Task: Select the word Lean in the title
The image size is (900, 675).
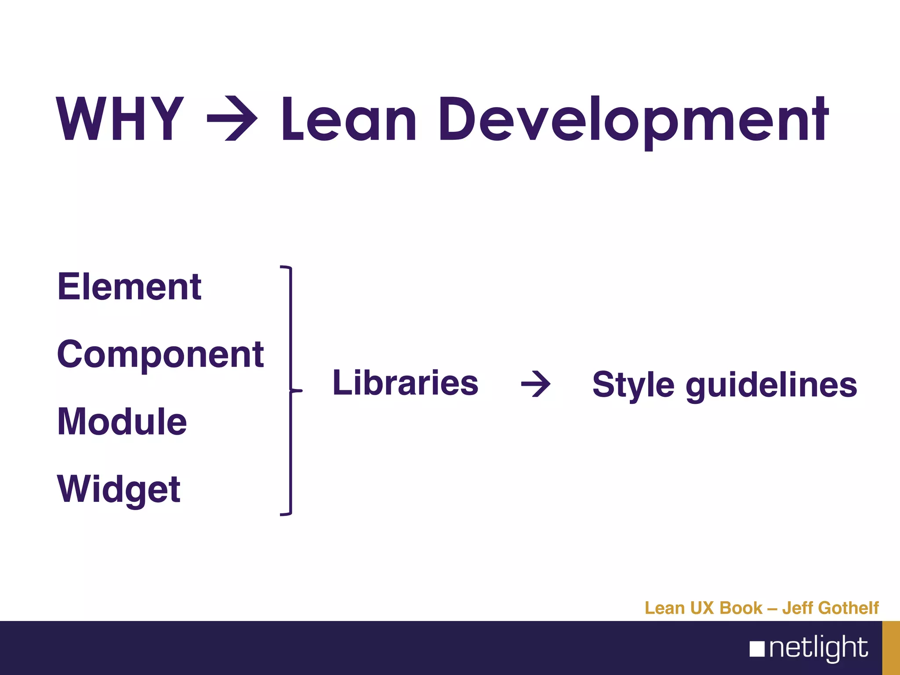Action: (348, 120)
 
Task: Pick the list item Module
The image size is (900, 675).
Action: (122, 422)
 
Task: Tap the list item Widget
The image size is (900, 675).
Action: (119, 490)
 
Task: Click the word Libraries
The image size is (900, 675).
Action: (405, 383)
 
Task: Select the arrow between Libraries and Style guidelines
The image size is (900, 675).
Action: (536, 384)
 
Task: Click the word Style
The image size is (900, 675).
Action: (633, 385)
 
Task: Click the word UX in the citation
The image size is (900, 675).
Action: (703, 608)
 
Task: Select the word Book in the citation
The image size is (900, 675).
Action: (741, 608)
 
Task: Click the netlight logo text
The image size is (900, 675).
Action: (818, 648)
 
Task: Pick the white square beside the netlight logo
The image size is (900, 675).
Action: (757, 649)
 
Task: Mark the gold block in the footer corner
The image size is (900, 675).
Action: (891, 648)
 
